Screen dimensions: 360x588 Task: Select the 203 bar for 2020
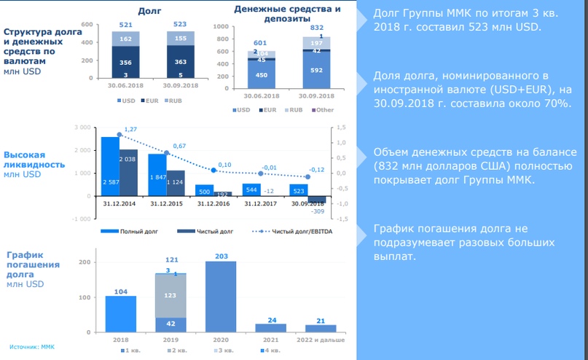click(x=221, y=299)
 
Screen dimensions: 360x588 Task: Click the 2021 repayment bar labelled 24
click(x=270, y=329)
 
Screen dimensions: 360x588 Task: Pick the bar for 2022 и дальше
click(x=321, y=329)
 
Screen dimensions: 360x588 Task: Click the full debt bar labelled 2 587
click(x=109, y=167)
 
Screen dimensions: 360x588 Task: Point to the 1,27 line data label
click(x=131, y=130)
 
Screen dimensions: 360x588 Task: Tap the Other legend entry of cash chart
click(x=325, y=109)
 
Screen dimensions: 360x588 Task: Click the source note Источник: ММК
click(x=32, y=346)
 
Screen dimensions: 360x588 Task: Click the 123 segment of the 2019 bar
click(x=170, y=296)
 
